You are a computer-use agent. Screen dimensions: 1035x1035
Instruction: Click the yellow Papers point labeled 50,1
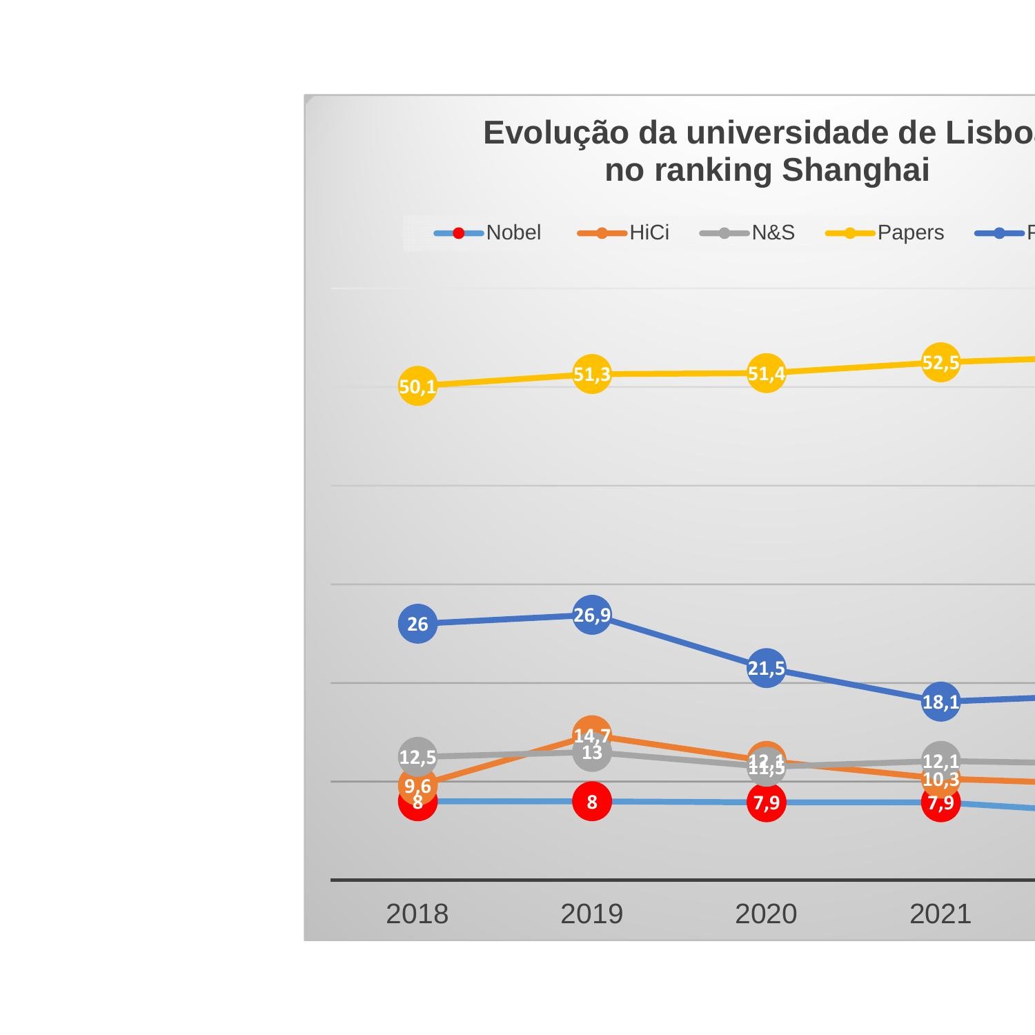(417, 386)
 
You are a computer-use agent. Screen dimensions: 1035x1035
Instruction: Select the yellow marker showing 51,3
(592, 374)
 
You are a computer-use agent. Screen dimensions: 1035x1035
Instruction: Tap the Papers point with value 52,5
(940, 362)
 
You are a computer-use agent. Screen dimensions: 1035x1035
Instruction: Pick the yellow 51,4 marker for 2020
(766, 373)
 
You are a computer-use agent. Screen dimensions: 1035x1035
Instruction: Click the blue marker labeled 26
(417, 624)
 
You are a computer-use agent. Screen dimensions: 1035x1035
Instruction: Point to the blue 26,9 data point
(592, 615)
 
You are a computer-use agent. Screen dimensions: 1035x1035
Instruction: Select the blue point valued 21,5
(766, 668)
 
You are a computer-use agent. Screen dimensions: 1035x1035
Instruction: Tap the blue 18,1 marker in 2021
(940, 702)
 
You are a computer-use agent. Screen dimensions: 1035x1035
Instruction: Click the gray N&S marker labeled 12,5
(417, 757)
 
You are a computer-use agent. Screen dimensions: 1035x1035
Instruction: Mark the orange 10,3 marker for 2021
(940, 780)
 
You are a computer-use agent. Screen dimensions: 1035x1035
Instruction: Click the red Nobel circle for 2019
(592, 802)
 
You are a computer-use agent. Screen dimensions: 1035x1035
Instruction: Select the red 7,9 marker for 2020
(766, 802)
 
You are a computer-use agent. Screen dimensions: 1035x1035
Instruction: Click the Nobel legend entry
(488, 233)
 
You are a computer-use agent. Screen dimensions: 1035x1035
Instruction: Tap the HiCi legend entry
(624, 233)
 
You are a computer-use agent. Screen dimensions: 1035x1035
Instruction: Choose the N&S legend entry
(747, 233)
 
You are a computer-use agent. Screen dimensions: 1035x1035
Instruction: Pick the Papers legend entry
(885, 233)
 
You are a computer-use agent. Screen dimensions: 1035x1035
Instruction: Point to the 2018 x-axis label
(417, 914)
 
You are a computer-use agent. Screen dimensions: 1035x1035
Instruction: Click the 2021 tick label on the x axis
(940, 914)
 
